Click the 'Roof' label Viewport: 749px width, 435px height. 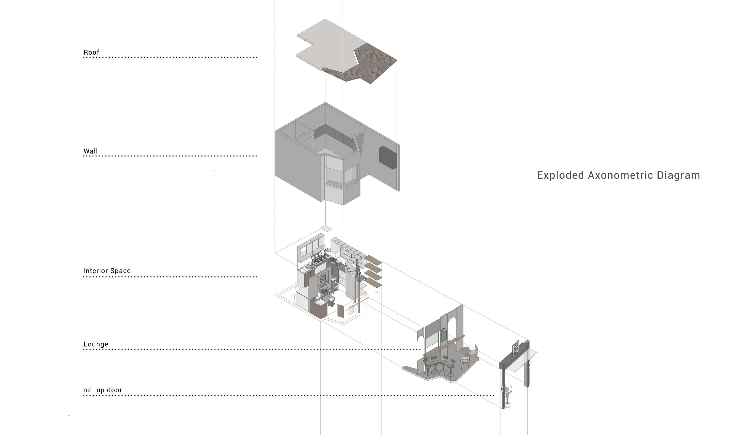point(91,52)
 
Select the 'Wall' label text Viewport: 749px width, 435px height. point(90,151)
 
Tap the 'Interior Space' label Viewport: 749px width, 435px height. point(107,271)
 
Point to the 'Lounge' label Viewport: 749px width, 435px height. point(96,344)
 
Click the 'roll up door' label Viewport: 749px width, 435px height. point(102,390)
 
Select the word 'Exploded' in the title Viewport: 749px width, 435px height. point(561,175)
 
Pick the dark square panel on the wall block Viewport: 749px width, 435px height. point(387,158)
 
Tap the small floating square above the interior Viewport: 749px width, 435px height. point(326,229)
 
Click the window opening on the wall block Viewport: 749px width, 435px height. point(334,175)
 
